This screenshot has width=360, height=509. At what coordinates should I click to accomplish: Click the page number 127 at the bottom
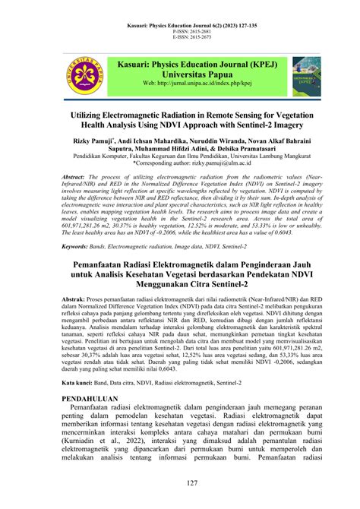[x=180, y=482]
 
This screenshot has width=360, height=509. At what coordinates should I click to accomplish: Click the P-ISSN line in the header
[x=180, y=33]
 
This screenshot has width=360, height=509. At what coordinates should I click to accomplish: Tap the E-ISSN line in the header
[x=180, y=39]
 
